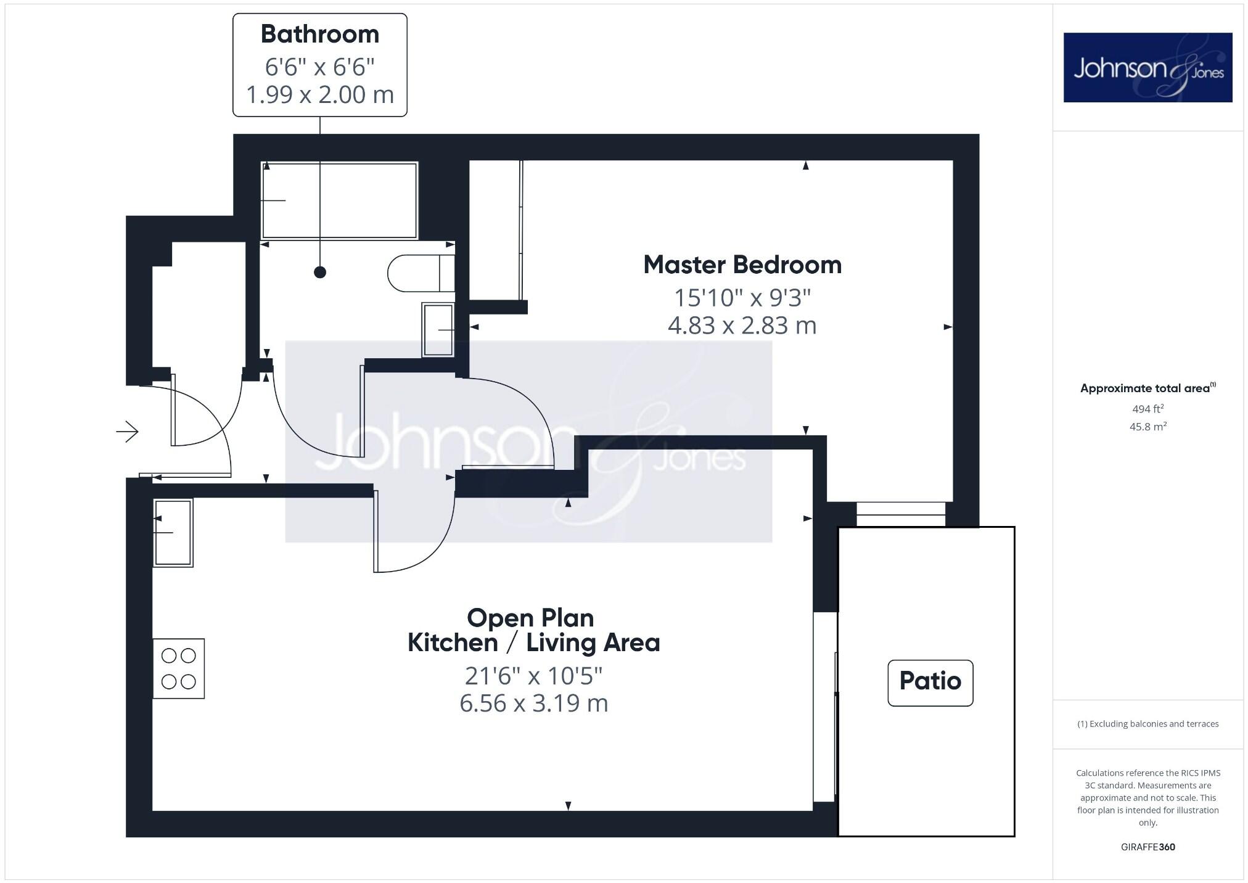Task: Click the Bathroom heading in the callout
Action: click(319, 35)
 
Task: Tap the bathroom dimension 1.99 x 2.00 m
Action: click(319, 95)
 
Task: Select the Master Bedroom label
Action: click(742, 265)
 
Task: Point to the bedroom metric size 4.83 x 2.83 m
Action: click(742, 326)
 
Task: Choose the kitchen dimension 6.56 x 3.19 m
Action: click(533, 704)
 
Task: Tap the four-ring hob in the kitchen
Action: click(179, 668)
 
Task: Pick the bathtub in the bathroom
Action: click(339, 200)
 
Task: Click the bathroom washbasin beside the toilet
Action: click(438, 330)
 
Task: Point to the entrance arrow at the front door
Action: click(128, 432)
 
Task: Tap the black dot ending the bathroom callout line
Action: click(319, 272)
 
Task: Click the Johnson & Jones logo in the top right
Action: click(1147, 68)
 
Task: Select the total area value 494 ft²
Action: click(1147, 409)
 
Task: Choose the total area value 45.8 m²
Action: click(1147, 427)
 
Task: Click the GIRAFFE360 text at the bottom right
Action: click(1147, 847)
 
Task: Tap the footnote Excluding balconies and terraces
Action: click(1147, 724)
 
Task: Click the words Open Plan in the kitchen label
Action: click(530, 618)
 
